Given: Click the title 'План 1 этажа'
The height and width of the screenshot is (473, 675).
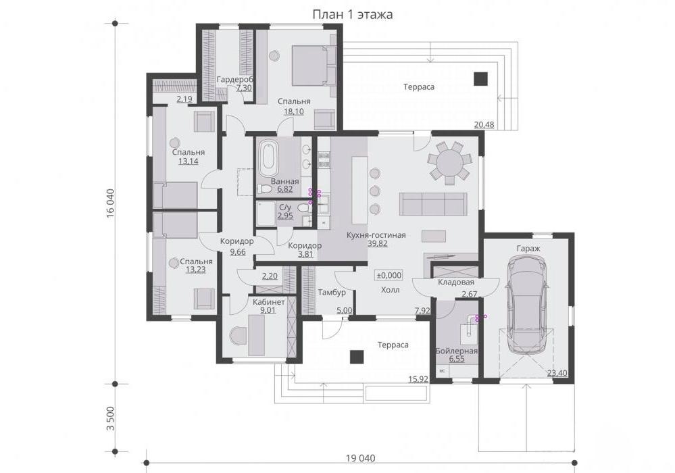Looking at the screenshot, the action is pyautogui.click(x=352, y=15).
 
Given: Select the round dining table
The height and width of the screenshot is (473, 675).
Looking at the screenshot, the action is pyautogui.click(x=448, y=163).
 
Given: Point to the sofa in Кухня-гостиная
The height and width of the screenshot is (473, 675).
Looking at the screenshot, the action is pyautogui.click(x=433, y=204).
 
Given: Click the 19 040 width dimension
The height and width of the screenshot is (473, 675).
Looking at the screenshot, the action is pyautogui.click(x=360, y=458).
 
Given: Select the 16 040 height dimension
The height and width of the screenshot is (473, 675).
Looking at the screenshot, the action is pyautogui.click(x=110, y=203).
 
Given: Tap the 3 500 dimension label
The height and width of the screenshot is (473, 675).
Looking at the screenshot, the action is pyautogui.click(x=110, y=418).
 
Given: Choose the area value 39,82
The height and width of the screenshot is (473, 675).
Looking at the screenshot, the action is pyautogui.click(x=378, y=244).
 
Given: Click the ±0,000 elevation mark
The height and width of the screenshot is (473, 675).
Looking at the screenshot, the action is pyautogui.click(x=389, y=276).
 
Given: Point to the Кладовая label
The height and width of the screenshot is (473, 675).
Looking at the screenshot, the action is pyautogui.click(x=456, y=282).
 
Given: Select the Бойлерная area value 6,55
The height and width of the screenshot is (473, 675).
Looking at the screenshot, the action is pyautogui.click(x=457, y=359).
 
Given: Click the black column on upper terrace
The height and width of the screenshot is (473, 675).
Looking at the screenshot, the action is pyautogui.click(x=481, y=79).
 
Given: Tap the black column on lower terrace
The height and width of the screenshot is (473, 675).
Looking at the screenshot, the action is pyautogui.click(x=357, y=357).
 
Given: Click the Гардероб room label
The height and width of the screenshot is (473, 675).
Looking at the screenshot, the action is pyautogui.click(x=234, y=80).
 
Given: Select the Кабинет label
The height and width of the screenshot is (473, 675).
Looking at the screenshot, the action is pyautogui.click(x=269, y=302).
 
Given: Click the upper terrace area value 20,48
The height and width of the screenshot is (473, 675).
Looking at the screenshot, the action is pyautogui.click(x=484, y=125).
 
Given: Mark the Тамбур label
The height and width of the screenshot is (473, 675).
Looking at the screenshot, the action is pyautogui.click(x=332, y=293).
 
